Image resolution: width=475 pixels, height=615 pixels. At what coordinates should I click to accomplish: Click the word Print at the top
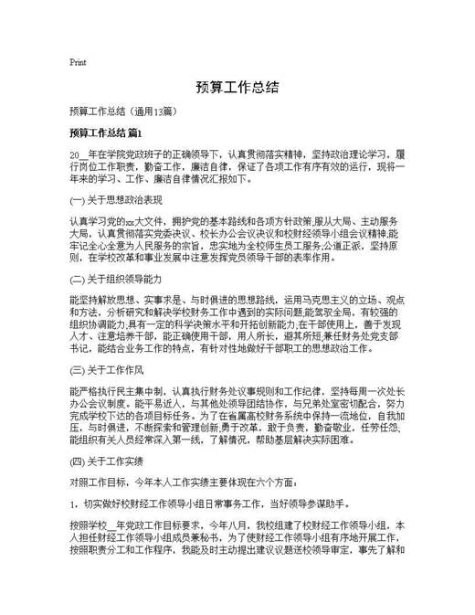(x=78, y=63)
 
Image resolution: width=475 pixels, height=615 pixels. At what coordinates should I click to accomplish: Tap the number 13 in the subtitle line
(x=158, y=111)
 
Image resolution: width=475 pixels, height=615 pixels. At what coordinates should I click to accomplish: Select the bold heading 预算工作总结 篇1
(x=106, y=133)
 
